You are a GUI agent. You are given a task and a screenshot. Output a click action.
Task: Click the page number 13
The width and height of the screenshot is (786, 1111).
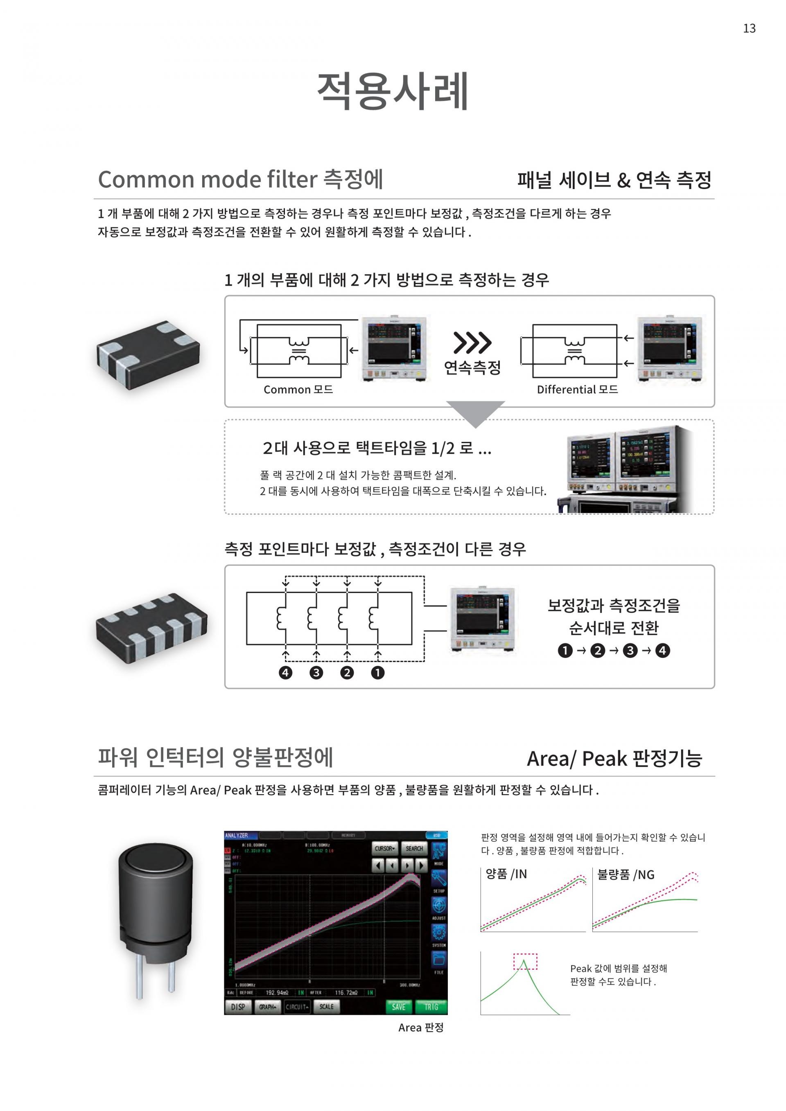[x=749, y=29]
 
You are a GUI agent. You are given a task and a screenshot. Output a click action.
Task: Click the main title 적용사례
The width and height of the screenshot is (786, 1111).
[x=393, y=91]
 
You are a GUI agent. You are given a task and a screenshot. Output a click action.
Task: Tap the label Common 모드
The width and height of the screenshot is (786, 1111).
[x=298, y=390]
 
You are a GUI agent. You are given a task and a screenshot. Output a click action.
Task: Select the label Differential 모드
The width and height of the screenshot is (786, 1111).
[x=577, y=390]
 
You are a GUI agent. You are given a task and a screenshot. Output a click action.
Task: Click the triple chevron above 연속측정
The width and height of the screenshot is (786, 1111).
[x=472, y=343]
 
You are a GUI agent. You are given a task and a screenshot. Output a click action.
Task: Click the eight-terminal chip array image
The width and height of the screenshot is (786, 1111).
[x=151, y=628]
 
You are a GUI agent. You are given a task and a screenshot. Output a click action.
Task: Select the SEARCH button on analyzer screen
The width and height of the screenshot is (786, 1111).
[x=414, y=848]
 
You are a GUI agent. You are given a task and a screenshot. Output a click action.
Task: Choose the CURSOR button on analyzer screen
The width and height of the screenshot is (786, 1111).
[x=385, y=848]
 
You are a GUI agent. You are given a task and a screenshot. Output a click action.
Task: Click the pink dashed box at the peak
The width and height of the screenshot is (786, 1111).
[x=525, y=962]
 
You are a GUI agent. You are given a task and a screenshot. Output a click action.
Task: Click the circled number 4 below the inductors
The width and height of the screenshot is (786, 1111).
[x=286, y=673]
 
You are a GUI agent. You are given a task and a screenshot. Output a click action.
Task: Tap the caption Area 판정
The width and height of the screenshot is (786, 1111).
[x=420, y=1027]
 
